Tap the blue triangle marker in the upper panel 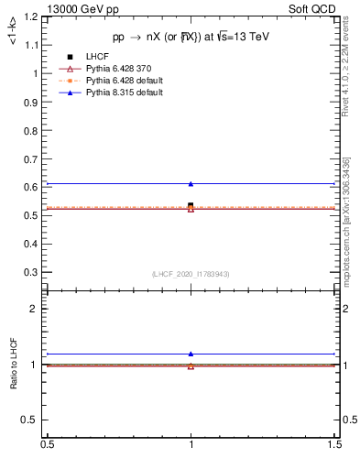[191, 184]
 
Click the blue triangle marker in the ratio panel [191, 354]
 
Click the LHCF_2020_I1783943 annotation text [191, 275]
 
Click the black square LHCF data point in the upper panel [191, 206]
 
